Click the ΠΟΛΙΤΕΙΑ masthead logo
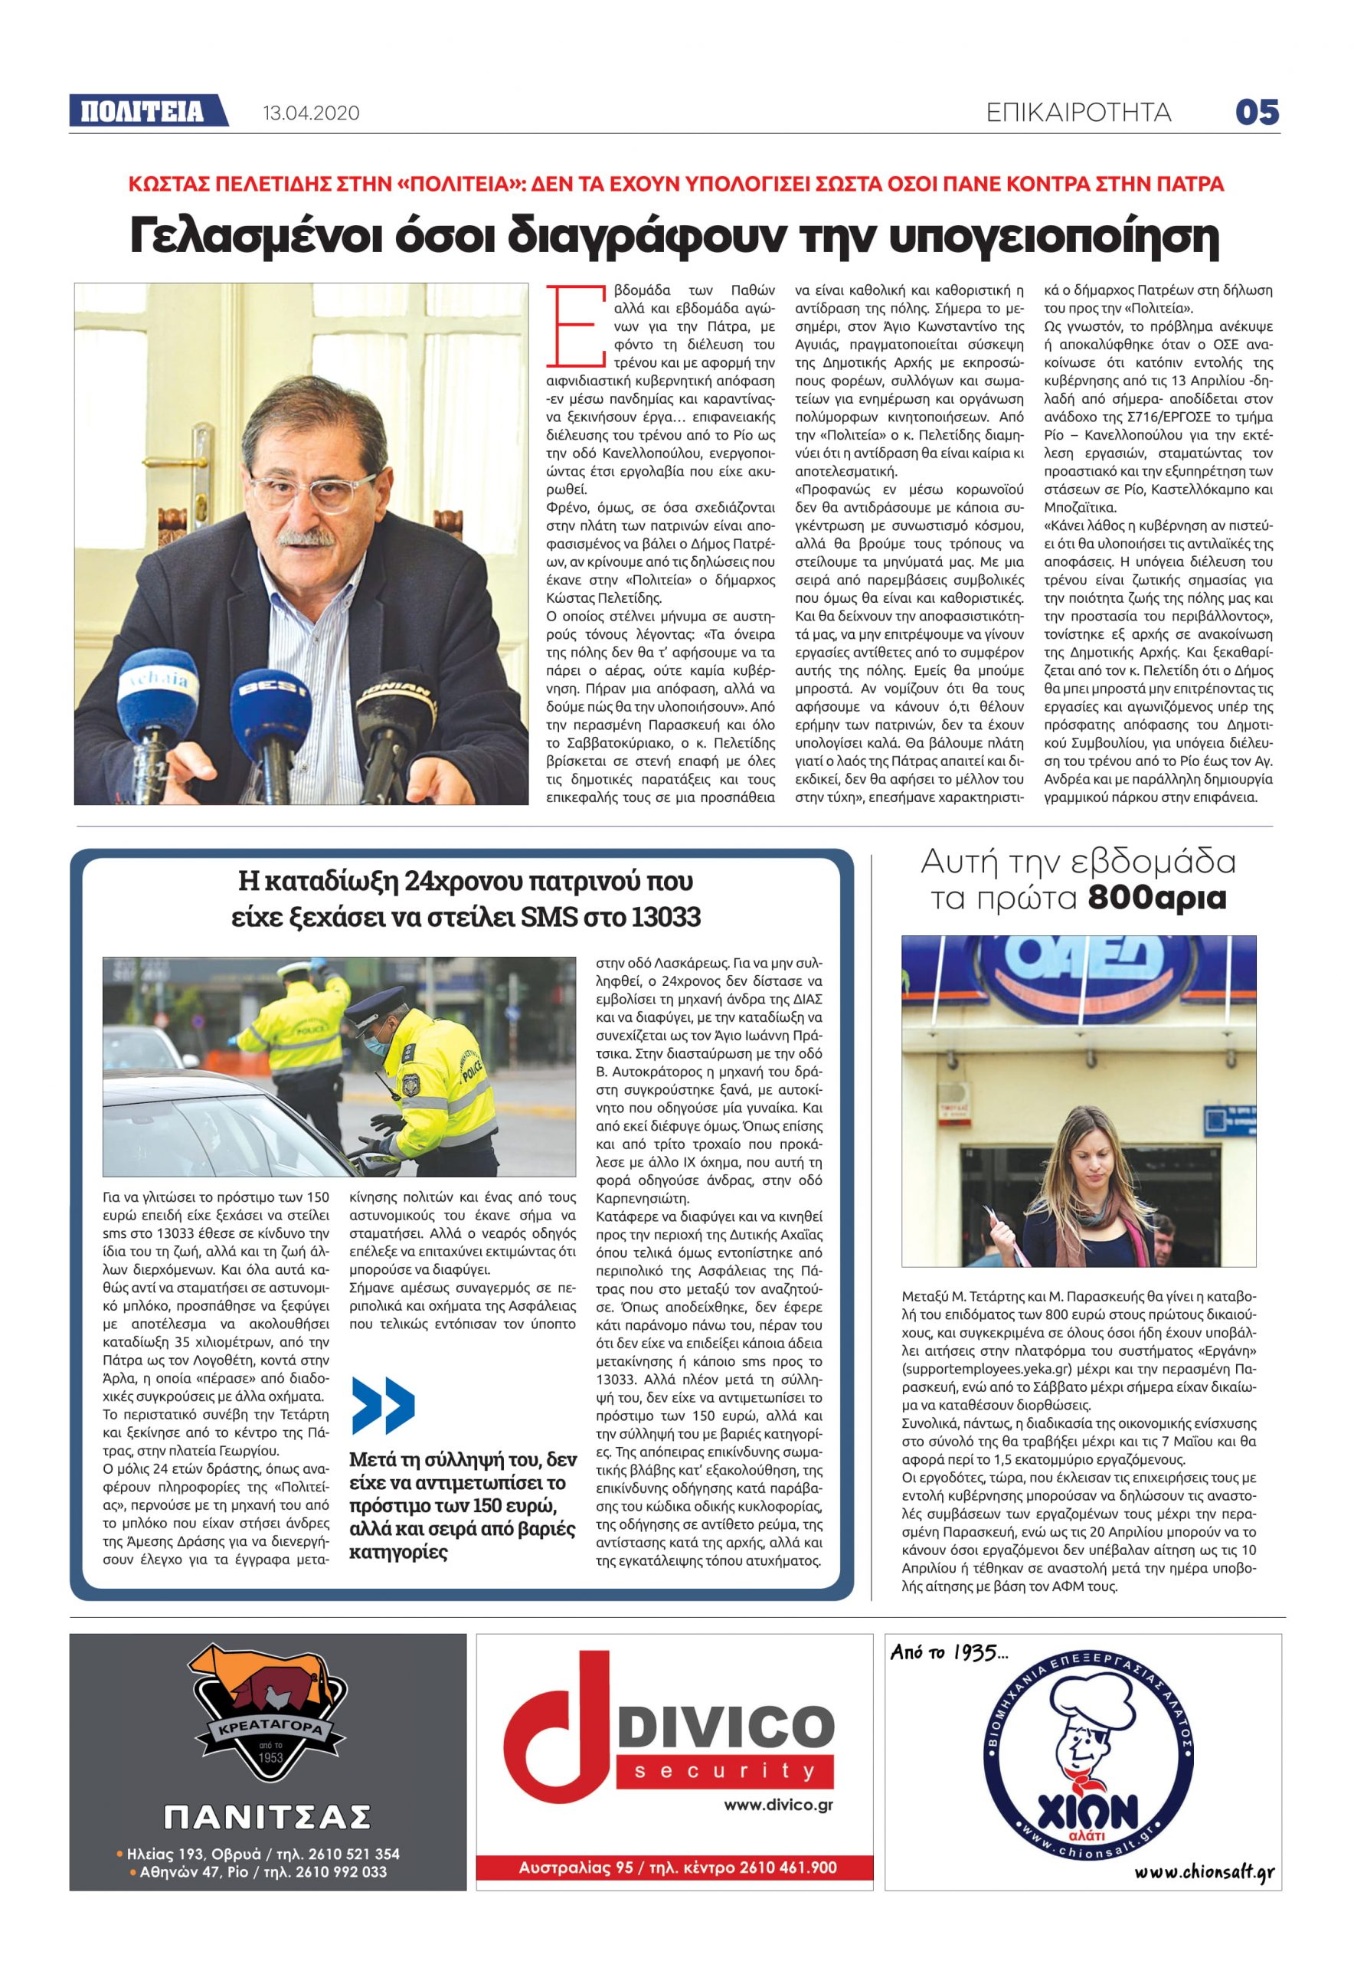tap(142, 112)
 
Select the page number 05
tap(1257, 112)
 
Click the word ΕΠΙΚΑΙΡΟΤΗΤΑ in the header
tap(1078, 113)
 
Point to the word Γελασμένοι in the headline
tap(257, 236)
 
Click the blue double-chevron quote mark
tap(383, 1405)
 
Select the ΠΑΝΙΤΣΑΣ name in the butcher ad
tap(267, 1816)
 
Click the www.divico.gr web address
tap(778, 1805)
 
